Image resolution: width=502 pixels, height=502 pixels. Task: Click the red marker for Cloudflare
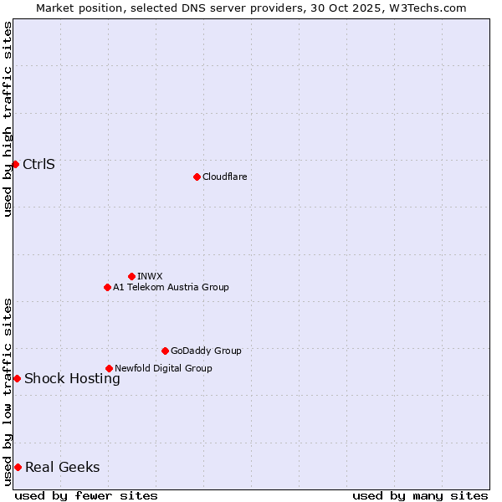197,177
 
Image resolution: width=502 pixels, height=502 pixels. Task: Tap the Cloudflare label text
224,177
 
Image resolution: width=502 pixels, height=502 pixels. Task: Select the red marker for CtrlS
15,164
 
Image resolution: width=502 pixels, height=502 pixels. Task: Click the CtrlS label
38,164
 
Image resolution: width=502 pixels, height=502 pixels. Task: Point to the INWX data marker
131,276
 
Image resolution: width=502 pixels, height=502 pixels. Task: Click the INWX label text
150,276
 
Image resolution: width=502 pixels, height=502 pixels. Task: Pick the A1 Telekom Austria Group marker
107,287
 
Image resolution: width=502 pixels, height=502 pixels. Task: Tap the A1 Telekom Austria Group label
171,287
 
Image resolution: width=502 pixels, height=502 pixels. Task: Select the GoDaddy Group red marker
165,351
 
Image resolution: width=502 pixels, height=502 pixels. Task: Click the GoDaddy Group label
206,351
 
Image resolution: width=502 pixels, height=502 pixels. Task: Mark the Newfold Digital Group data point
109,368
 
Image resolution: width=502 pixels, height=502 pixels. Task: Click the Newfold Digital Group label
163,368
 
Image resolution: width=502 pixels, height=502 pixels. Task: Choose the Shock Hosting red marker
17,378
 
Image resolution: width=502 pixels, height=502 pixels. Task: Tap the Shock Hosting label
72,378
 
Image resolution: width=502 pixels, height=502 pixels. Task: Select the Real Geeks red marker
18,467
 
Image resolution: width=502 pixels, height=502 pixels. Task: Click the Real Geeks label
62,467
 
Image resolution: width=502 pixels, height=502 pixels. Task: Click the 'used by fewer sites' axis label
86,495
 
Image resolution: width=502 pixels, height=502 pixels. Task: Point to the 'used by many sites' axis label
420,495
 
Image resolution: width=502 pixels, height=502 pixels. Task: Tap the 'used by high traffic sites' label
8,119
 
